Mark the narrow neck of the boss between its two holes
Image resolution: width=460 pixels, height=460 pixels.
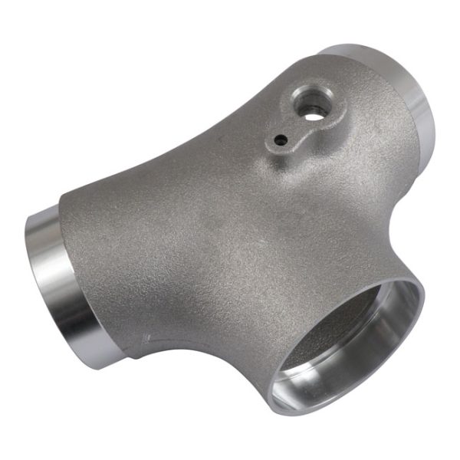point(295,127)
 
